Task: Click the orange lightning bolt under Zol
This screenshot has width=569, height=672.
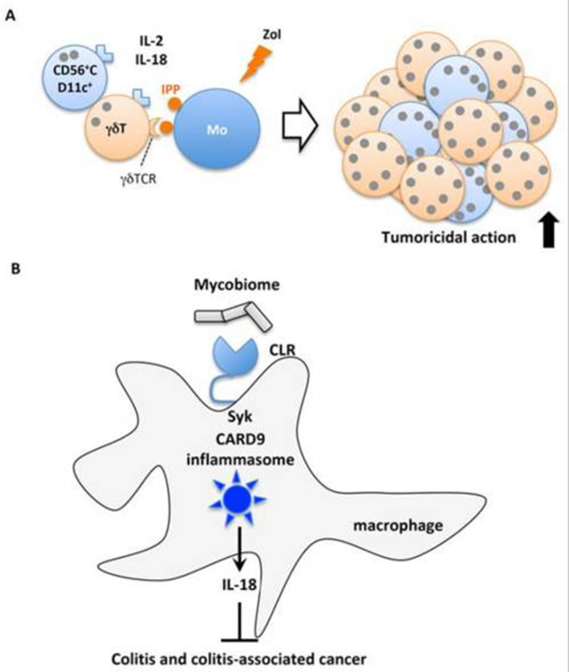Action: click(x=256, y=63)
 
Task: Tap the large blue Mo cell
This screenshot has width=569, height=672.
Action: click(x=216, y=129)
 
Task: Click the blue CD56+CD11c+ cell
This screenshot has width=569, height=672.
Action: click(x=75, y=77)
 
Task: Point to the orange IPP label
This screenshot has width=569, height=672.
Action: click(x=171, y=90)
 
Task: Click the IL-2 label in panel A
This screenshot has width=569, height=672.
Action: click(x=151, y=42)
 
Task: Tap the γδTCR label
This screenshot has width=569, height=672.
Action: click(x=138, y=178)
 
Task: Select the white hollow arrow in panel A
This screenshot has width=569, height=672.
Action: click(x=300, y=125)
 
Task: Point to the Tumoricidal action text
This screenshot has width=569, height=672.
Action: click(x=449, y=237)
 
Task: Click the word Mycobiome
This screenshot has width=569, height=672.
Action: click(x=237, y=285)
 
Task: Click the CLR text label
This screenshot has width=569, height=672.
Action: click(x=281, y=351)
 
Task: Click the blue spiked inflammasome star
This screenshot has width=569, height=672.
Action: click(x=238, y=498)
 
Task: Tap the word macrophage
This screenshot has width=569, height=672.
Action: click(x=398, y=525)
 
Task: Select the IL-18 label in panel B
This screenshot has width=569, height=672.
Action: click(x=240, y=585)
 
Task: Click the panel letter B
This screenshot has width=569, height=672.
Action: click(x=15, y=269)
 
